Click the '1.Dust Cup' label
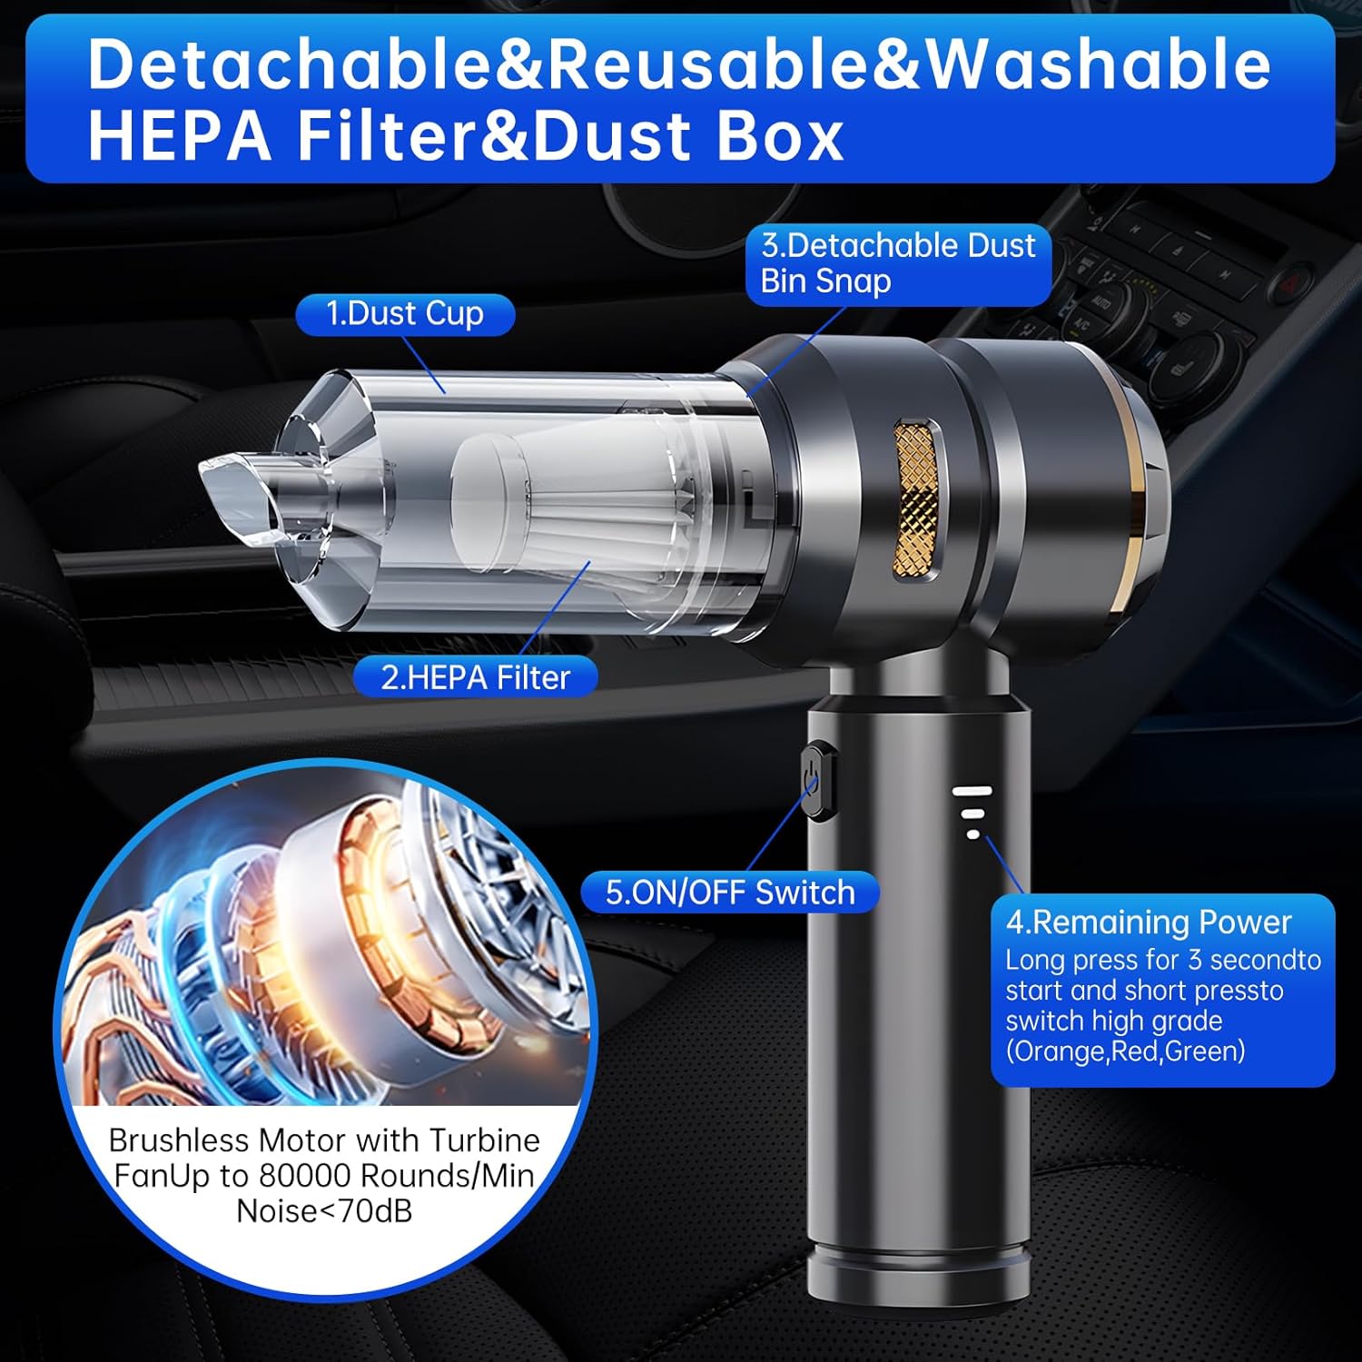405,314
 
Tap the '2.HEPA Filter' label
475,677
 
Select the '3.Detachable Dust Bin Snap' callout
898,263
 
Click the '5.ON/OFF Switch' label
730,892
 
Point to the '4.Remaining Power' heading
1148,922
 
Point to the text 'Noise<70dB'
324,1210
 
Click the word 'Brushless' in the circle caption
179,1140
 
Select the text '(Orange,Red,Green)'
1125,1051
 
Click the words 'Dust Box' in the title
689,136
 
